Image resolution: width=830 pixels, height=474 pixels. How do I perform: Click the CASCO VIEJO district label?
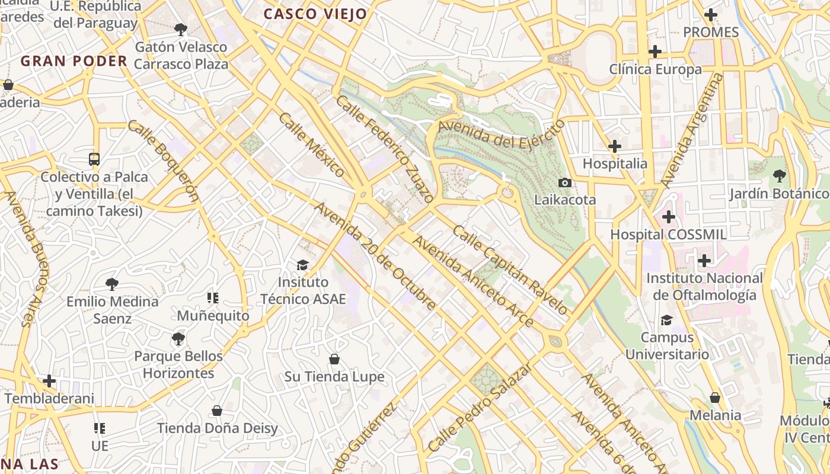point(315,14)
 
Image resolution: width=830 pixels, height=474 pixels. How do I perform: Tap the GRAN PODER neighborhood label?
point(74,61)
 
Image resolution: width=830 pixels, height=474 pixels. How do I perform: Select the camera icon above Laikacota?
point(565,182)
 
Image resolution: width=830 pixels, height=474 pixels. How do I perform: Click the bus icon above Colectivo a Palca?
point(94,159)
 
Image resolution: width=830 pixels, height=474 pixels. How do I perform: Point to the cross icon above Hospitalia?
point(615,146)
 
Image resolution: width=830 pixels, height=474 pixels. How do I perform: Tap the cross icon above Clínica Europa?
point(655,52)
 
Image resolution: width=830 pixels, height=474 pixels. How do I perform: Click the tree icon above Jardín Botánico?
point(779,175)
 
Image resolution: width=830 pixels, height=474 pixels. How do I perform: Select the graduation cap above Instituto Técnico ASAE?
point(303,264)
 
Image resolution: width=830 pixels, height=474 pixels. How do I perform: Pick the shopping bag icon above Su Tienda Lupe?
point(334,359)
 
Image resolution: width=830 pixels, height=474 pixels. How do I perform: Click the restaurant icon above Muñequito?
point(213,297)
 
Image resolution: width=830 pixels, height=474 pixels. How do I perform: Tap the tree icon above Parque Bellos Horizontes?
point(178,339)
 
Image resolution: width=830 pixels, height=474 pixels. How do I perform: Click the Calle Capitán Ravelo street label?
point(510,270)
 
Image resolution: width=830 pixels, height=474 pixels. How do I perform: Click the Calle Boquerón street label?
point(162,161)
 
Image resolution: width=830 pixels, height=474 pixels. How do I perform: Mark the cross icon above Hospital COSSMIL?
point(669,217)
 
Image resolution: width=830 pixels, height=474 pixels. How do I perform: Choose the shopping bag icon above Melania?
point(715,398)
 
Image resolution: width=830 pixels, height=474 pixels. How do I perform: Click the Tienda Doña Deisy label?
point(217,428)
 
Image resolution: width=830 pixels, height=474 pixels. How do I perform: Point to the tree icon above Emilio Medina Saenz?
point(112,284)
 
